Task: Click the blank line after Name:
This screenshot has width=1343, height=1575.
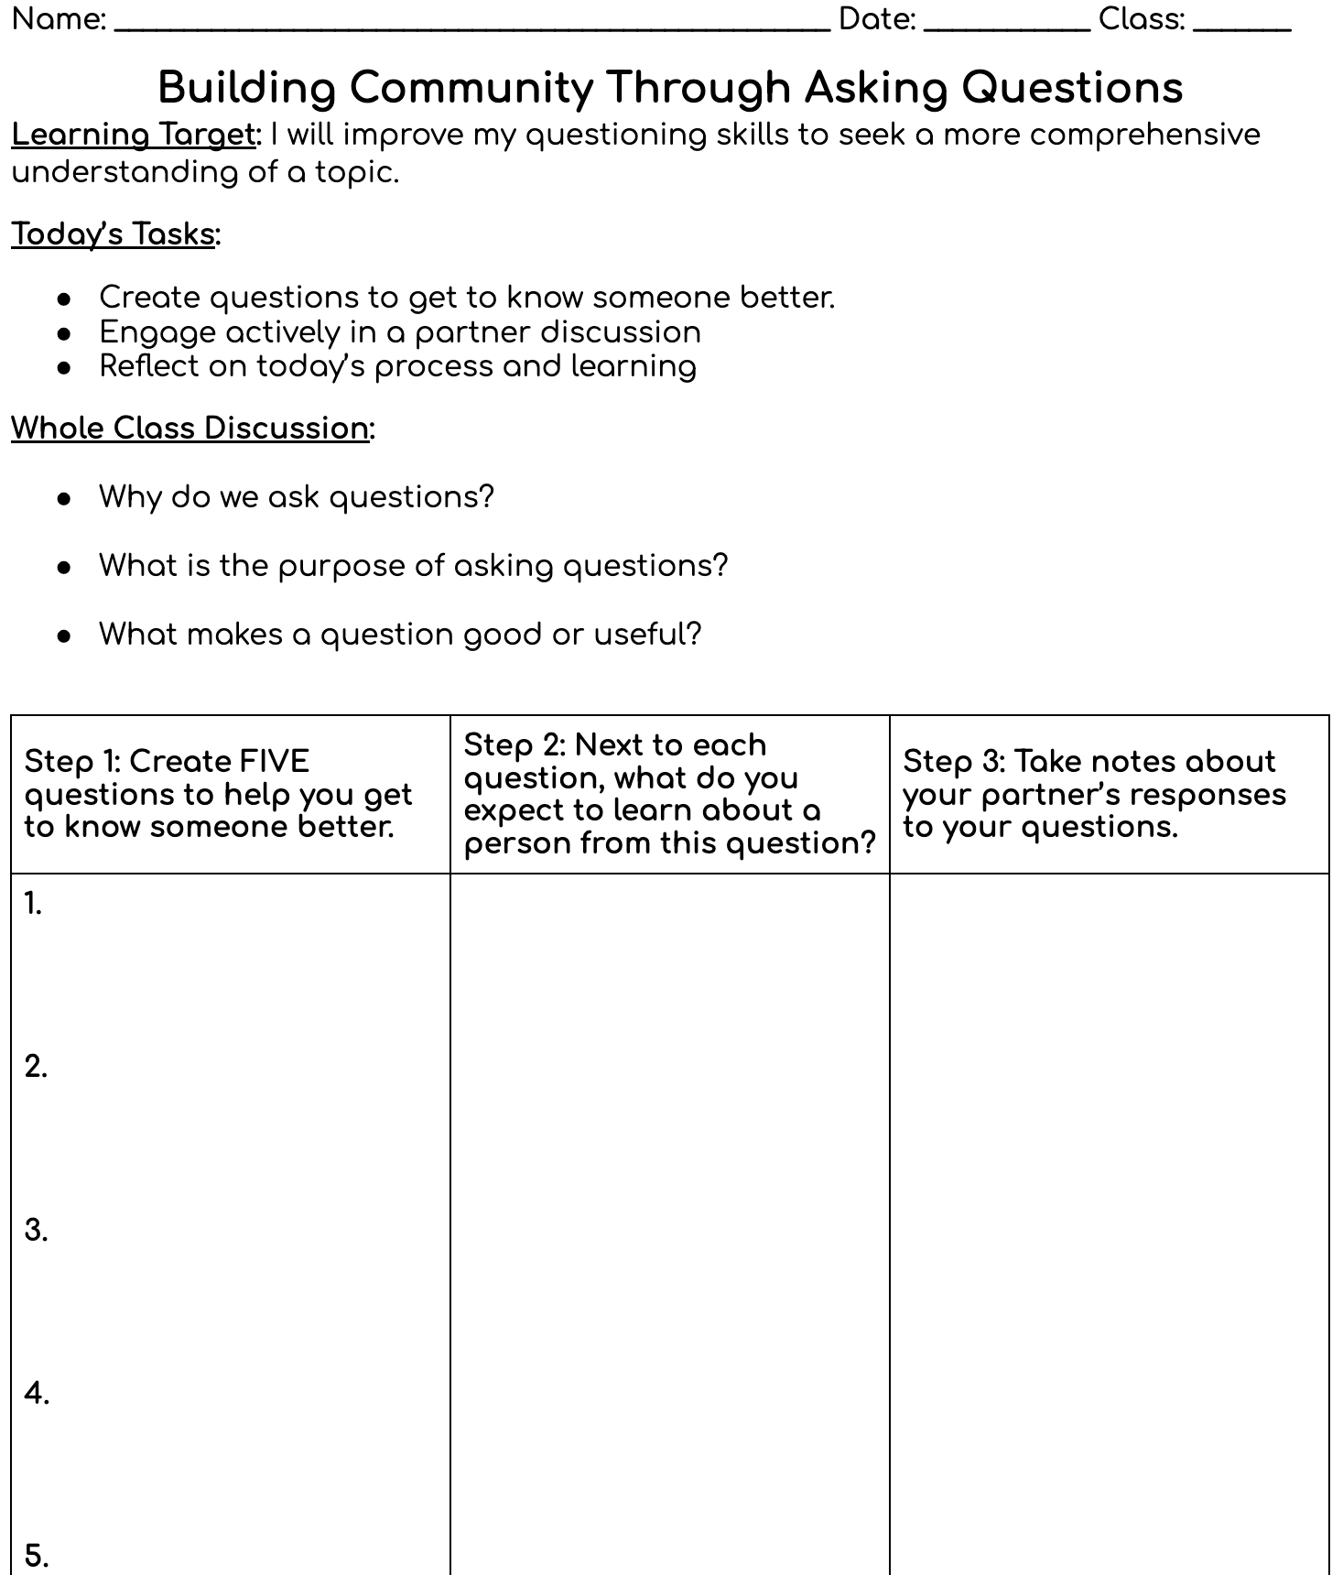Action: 471,27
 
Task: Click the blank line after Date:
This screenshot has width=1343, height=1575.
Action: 1006,27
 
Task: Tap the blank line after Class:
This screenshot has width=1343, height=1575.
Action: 1241,27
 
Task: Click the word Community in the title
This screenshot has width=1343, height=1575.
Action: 471,89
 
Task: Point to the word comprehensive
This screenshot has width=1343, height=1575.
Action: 1144,136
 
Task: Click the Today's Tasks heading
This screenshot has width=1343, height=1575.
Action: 114,234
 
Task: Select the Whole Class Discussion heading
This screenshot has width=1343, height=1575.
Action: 190,429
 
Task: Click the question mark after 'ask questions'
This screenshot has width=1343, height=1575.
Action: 486,497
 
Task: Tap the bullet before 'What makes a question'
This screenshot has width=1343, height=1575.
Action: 64,636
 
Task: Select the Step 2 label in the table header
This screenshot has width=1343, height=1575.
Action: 514,745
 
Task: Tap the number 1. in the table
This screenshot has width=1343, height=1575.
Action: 34,905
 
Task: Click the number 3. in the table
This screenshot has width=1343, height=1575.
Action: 36,1231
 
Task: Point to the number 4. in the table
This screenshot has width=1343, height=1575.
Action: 37,1394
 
